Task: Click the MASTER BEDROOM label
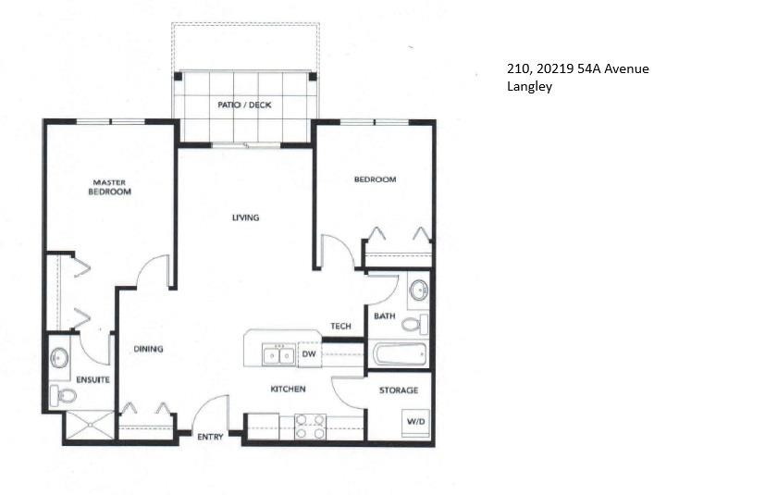[109, 187]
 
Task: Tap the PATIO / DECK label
[244, 105]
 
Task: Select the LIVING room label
[245, 217]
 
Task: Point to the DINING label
[148, 349]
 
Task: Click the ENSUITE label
[93, 379]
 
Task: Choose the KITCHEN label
[288, 389]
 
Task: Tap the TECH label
[340, 327]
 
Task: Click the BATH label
[385, 316]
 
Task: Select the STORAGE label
[399, 390]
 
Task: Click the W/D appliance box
[413, 421]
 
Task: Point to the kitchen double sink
[278, 354]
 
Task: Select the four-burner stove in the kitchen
[310, 426]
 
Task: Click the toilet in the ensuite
[64, 396]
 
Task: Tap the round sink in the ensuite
[61, 356]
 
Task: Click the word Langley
[528, 88]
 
